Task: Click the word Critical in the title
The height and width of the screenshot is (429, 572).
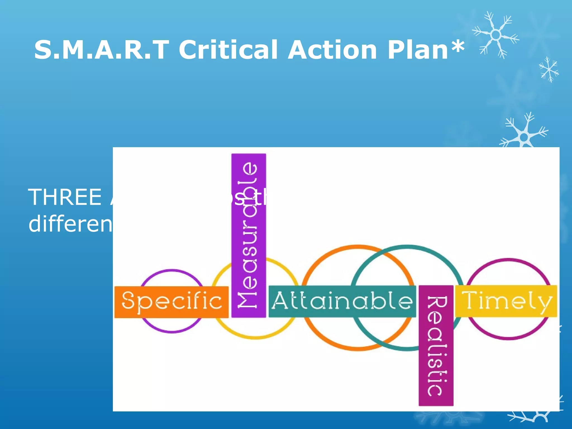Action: pyautogui.click(x=228, y=50)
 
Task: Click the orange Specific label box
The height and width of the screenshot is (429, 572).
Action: pyautogui.click(x=171, y=302)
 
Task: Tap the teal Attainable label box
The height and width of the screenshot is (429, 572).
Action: pyautogui.click(x=342, y=301)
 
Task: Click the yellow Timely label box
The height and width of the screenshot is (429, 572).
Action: pyautogui.click(x=506, y=301)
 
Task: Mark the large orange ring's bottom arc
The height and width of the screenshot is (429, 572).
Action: pyautogui.click(x=357, y=349)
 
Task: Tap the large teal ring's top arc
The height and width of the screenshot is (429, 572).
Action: pyautogui.click(x=407, y=247)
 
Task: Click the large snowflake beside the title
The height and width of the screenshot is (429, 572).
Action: pyautogui.click(x=496, y=35)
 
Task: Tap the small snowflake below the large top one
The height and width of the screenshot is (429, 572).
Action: pyautogui.click(x=549, y=69)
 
